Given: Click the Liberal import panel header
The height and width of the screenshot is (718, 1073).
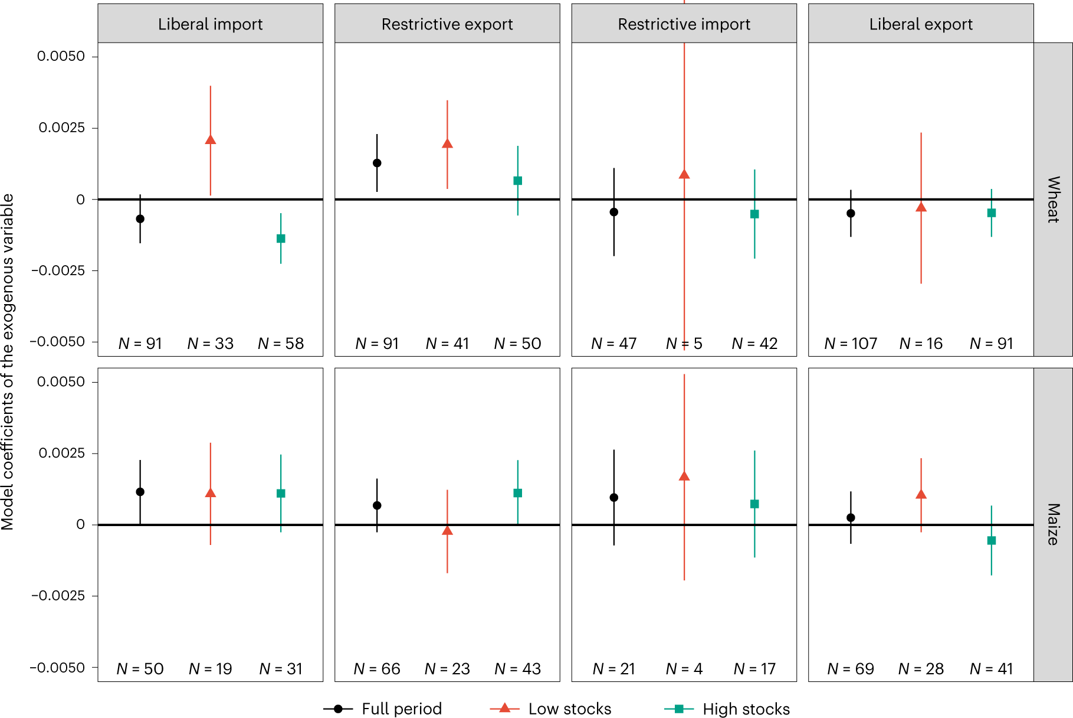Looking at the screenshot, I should [210, 24].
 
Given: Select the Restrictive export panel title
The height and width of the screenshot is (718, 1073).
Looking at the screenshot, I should [447, 24].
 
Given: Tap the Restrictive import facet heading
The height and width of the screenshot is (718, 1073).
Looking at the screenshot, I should [684, 24].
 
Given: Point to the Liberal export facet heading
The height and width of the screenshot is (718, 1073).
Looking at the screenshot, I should [920, 24].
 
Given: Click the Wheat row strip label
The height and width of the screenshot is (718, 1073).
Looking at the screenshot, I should [1053, 199].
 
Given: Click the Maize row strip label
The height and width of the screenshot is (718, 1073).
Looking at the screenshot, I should [1053, 524].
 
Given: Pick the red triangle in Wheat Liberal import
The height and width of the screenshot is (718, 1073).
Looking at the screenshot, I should [211, 140].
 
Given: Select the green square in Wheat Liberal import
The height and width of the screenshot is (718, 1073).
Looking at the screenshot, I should [281, 239].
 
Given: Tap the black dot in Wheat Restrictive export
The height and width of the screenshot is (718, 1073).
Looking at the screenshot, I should [377, 163].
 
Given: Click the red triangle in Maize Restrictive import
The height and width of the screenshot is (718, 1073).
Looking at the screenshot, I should [684, 476].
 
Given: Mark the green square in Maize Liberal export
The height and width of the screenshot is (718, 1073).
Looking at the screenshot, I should [992, 540].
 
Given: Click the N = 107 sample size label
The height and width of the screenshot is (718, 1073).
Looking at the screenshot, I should [851, 344].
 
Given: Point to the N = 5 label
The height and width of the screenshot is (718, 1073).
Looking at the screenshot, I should [684, 344].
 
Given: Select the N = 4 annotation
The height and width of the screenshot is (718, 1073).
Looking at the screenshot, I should [684, 669].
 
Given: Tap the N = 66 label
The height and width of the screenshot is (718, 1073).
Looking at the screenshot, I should [377, 669].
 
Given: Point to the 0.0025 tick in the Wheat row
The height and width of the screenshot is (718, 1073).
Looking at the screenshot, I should [61, 128].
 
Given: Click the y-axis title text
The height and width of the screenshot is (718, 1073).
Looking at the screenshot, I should [8, 361].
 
